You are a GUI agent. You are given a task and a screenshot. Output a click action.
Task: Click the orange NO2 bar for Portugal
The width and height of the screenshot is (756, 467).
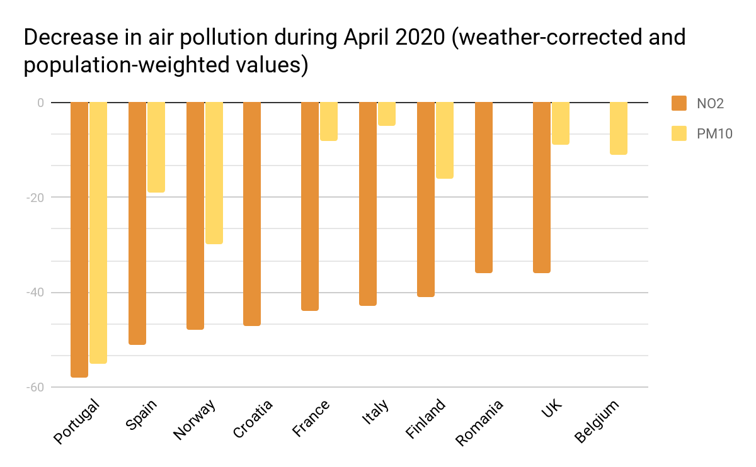pyautogui.click(x=79, y=239)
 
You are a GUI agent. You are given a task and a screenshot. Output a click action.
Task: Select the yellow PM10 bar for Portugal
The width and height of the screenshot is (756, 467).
pyautogui.click(x=98, y=232)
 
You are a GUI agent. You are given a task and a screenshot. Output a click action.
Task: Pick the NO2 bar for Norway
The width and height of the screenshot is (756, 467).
pyautogui.click(x=195, y=215)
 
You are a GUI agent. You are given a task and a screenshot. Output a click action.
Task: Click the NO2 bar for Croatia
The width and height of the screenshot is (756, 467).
pyautogui.click(x=252, y=213)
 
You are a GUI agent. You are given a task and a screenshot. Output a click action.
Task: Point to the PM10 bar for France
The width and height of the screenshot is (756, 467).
pyautogui.click(x=329, y=121)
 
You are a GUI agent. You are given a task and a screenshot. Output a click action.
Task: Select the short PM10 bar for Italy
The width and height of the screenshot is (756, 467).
pyautogui.click(x=387, y=114)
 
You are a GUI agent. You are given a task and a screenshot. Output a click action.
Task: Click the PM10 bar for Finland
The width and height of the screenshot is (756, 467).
pyautogui.click(x=445, y=140)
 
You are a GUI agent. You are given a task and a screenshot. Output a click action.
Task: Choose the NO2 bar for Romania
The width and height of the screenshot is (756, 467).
pyautogui.click(x=484, y=187)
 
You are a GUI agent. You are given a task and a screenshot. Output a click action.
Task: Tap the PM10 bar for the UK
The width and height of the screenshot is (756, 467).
pyautogui.click(x=561, y=123)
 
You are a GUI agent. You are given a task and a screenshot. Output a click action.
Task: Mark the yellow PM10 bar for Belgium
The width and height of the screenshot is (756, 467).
pyautogui.click(x=619, y=128)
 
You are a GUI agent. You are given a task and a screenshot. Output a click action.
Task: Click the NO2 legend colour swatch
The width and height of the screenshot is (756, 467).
pyautogui.click(x=679, y=103)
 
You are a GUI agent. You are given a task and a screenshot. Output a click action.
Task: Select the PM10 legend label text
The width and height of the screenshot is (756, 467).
pyautogui.click(x=714, y=133)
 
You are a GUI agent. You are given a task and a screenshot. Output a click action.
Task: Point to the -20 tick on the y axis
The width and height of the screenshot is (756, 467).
pyautogui.click(x=35, y=197)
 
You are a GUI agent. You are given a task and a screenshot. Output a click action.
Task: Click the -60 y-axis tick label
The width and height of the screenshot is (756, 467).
pyautogui.click(x=35, y=387)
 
